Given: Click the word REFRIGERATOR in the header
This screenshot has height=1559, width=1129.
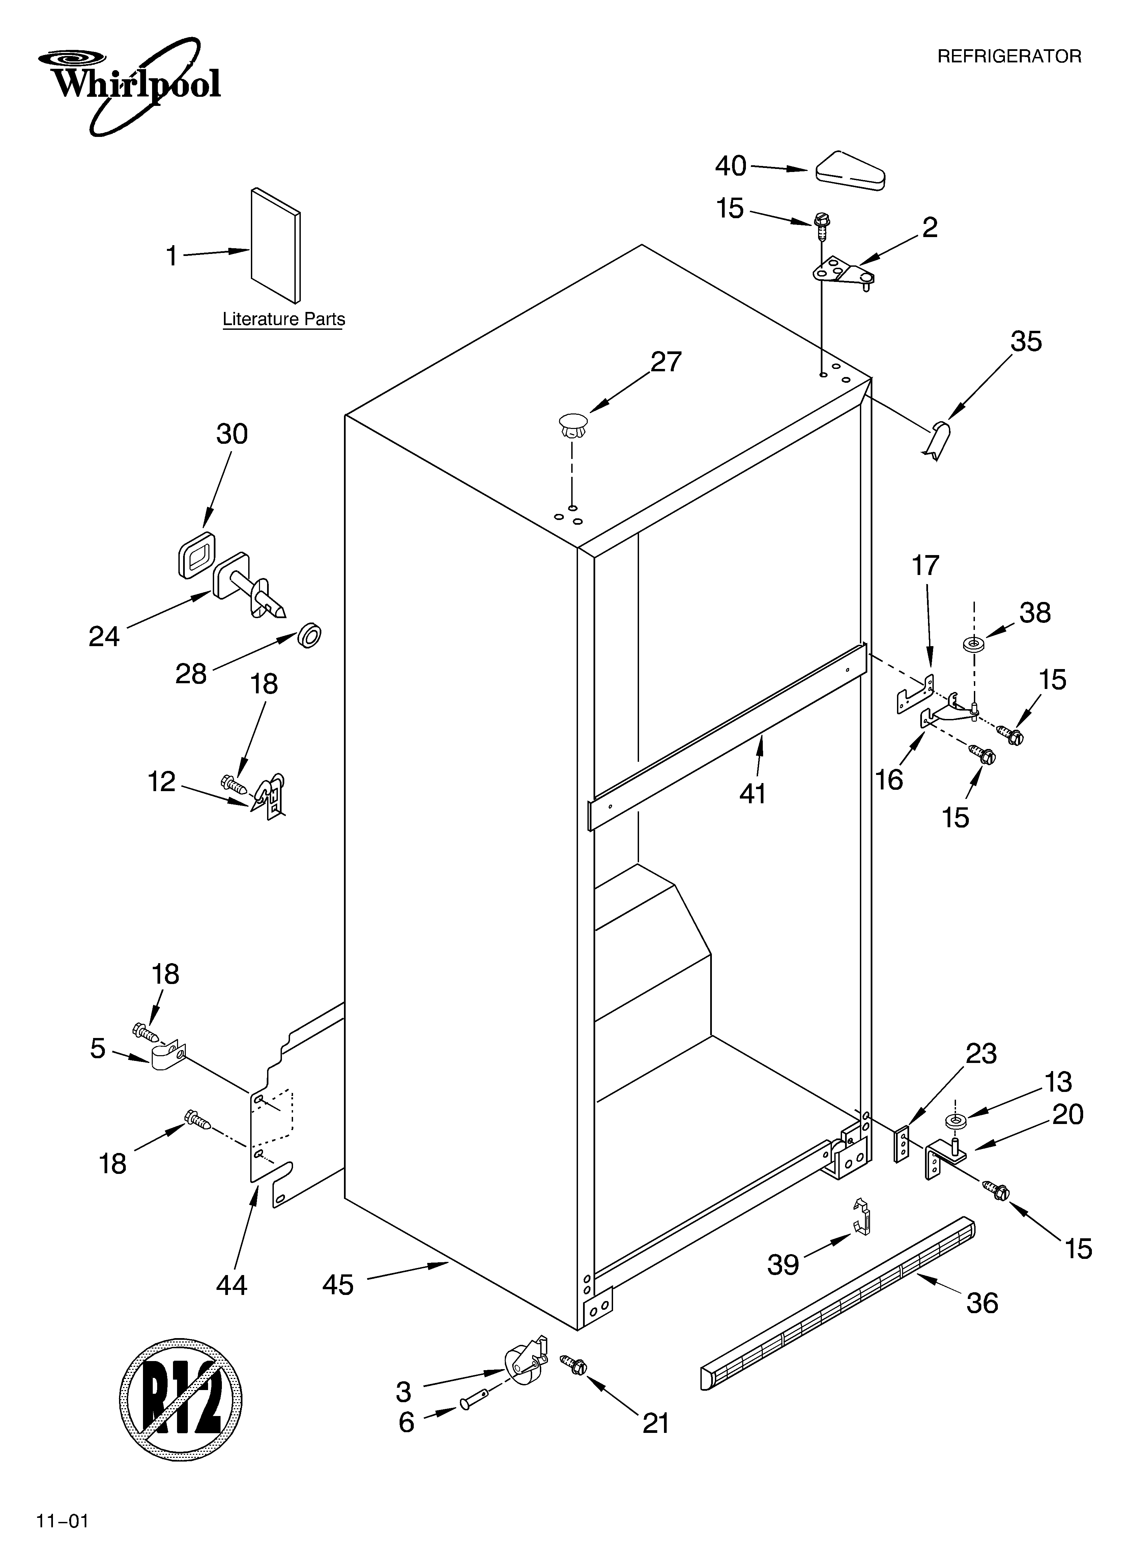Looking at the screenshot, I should [x=1009, y=56].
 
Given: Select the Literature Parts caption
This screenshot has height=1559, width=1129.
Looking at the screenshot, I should [x=283, y=320].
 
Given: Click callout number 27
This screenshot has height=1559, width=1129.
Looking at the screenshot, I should [x=666, y=362].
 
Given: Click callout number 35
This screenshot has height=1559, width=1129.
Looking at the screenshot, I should [x=1025, y=342].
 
